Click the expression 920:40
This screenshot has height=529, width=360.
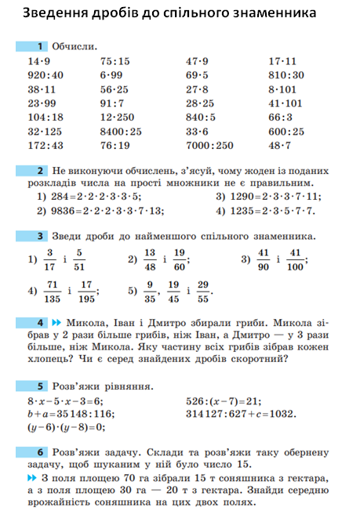pyautogui.click(x=45, y=75)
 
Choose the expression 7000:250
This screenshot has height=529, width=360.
pyautogui.click(x=209, y=146)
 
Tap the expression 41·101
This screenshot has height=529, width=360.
pyautogui.click(x=285, y=103)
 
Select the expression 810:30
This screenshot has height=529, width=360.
pyautogui.click(x=285, y=75)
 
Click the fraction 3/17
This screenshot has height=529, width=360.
pyautogui.click(x=49, y=259)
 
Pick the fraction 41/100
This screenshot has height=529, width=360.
pyautogui.click(x=294, y=259)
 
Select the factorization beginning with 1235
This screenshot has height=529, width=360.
pyautogui.click(x=266, y=211)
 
